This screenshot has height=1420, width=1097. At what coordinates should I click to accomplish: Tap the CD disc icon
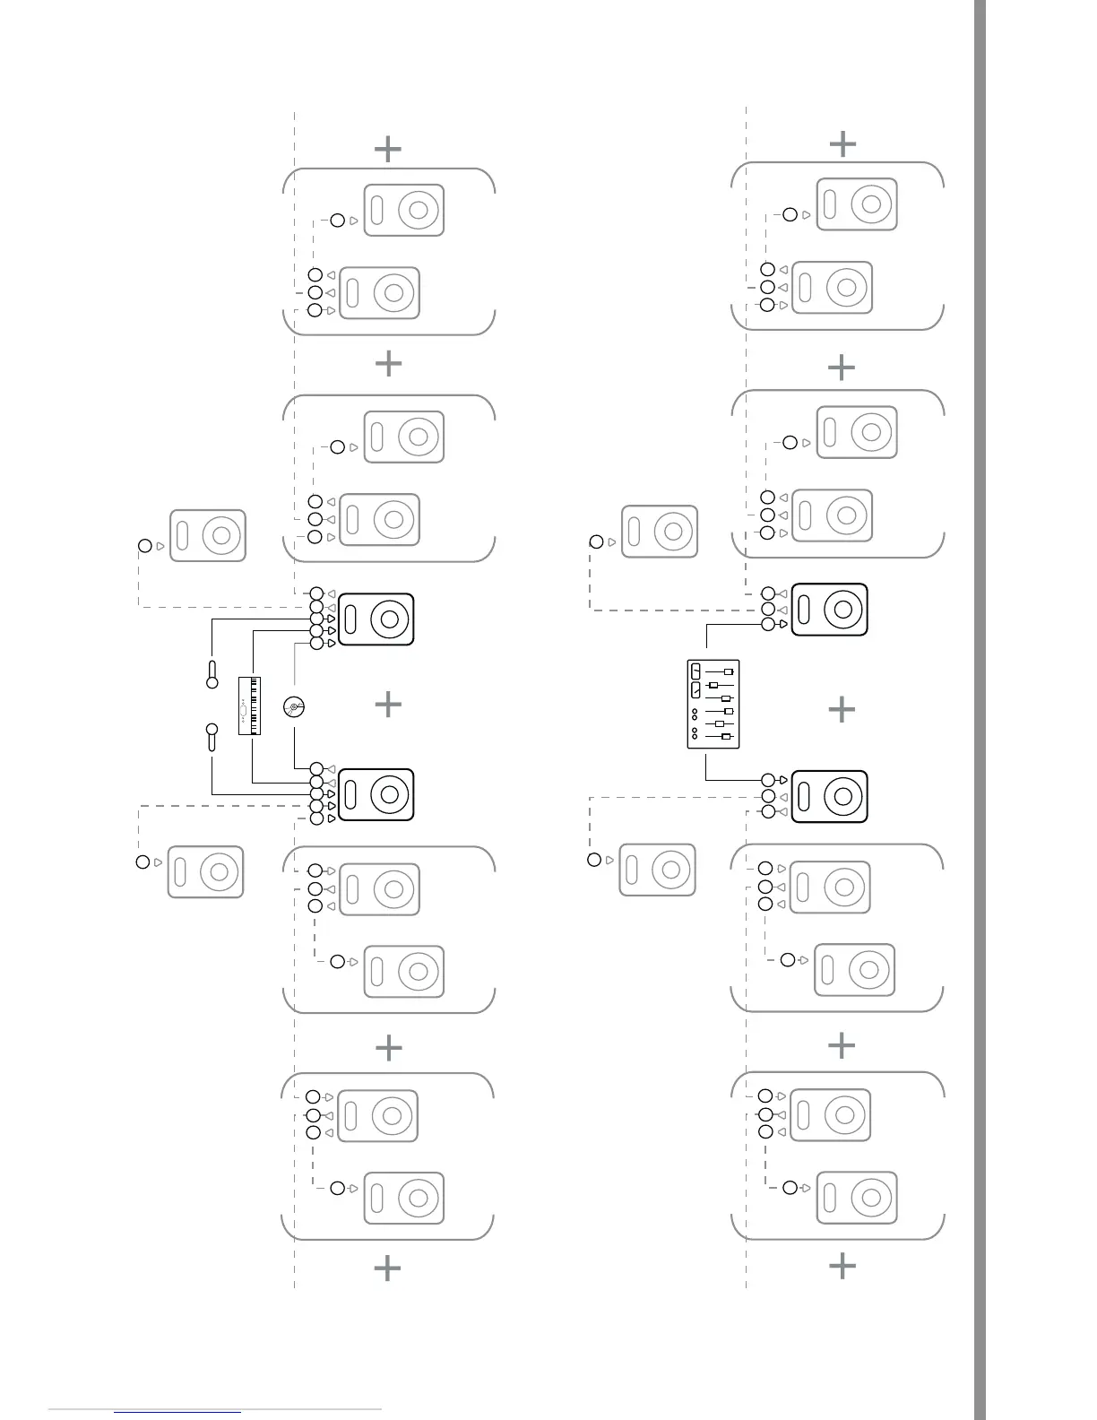point(294,707)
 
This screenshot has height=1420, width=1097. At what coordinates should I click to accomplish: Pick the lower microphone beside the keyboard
point(212,736)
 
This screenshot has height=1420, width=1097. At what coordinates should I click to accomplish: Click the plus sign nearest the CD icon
point(388,705)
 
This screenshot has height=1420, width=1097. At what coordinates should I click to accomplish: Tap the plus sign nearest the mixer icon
point(842,710)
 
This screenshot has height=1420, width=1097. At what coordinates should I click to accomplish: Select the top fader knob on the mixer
point(728,671)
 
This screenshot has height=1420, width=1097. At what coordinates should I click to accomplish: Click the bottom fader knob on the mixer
point(726,737)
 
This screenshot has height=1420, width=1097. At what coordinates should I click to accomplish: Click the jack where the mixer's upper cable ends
point(768,624)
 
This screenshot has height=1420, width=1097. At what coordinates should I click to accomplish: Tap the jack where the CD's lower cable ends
point(316,768)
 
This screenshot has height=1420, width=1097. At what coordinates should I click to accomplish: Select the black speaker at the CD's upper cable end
point(376,619)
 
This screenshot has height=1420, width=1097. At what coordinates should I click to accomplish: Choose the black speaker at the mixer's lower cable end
point(829,796)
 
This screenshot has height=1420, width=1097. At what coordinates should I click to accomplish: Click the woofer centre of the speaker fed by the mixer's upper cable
point(842,610)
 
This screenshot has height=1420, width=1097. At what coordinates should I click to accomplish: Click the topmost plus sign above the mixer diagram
point(842,143)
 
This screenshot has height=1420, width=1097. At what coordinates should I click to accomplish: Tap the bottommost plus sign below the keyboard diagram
point(387,1268)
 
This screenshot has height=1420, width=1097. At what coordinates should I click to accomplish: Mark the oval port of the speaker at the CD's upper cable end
point(351,619)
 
